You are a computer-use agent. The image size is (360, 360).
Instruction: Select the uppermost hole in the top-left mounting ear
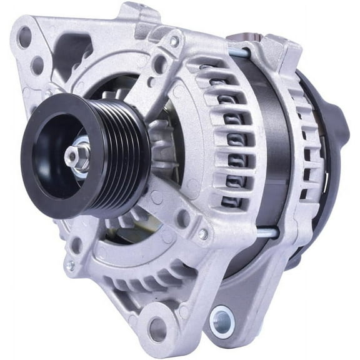pyautogui.click(x=25, y=38)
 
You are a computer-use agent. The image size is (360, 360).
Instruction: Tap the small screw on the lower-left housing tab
pyautogui.click(x=70, y=266)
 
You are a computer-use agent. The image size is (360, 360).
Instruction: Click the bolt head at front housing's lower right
pyautogui.click(x=204, y=234)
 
